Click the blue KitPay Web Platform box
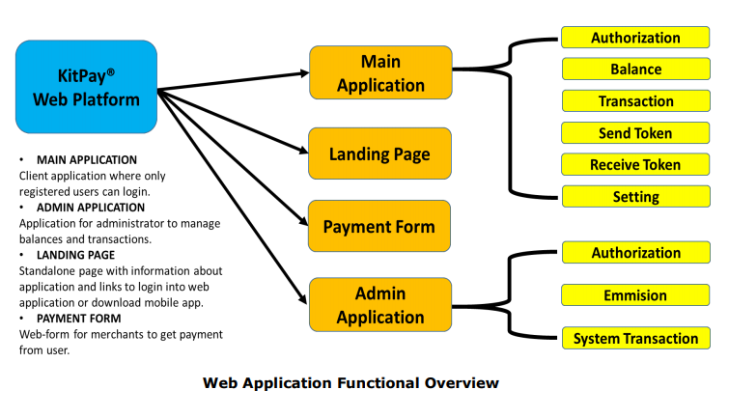pos(86,87)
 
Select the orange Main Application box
pos(379,72)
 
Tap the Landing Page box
pos(379,153)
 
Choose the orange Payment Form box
pos(379,227)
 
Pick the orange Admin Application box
pos(379,305)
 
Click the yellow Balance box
pos(635,70)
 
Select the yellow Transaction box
pos(635,101)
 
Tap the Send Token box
pos(635,133)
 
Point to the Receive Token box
pos(635,165)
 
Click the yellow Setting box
pos(635,197)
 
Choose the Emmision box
pos(635,295)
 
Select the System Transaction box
pos(635,339)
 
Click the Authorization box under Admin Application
pos(635,253)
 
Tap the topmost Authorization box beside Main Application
pos(635,39)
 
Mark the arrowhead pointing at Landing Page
pos(301,152)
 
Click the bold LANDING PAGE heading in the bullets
pos(76,255)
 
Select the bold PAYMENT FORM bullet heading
pos(78,319)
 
